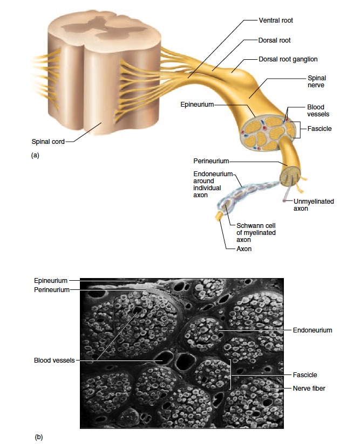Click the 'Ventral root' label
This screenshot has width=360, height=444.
(x=276, y=20)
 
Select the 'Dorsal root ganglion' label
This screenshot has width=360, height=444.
(x=288, y=59)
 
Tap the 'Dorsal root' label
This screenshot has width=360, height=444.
(x=275, y=40)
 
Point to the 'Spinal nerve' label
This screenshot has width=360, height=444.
(x=316, y=82)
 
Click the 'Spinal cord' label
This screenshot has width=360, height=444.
(x=47, y=142)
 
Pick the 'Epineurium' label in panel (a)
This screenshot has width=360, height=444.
(x=198, y=103)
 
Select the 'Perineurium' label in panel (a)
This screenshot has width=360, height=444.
(x=212, y=161)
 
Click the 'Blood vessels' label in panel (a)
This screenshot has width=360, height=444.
(x=318, y=111)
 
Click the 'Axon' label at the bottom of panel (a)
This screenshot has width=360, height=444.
(x=244, y=249)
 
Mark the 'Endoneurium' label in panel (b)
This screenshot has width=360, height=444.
(x=313, y=330)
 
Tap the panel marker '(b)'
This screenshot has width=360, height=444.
(x=38, y=437)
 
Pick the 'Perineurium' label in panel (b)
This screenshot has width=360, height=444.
(x=52, y=290)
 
